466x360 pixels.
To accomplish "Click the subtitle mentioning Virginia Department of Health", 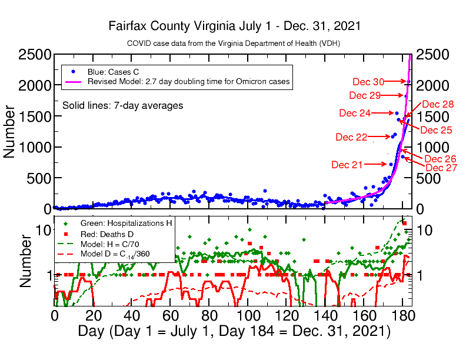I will (234, 44).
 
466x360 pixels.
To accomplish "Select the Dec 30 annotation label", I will (368, 82).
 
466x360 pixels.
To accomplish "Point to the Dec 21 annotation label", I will (347, 165).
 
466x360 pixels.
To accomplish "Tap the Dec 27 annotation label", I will (441, 168).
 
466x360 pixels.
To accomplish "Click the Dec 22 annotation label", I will (351, 137).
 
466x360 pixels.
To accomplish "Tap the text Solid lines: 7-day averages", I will (122, 105).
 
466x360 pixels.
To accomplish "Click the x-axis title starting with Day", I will (234, 331).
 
